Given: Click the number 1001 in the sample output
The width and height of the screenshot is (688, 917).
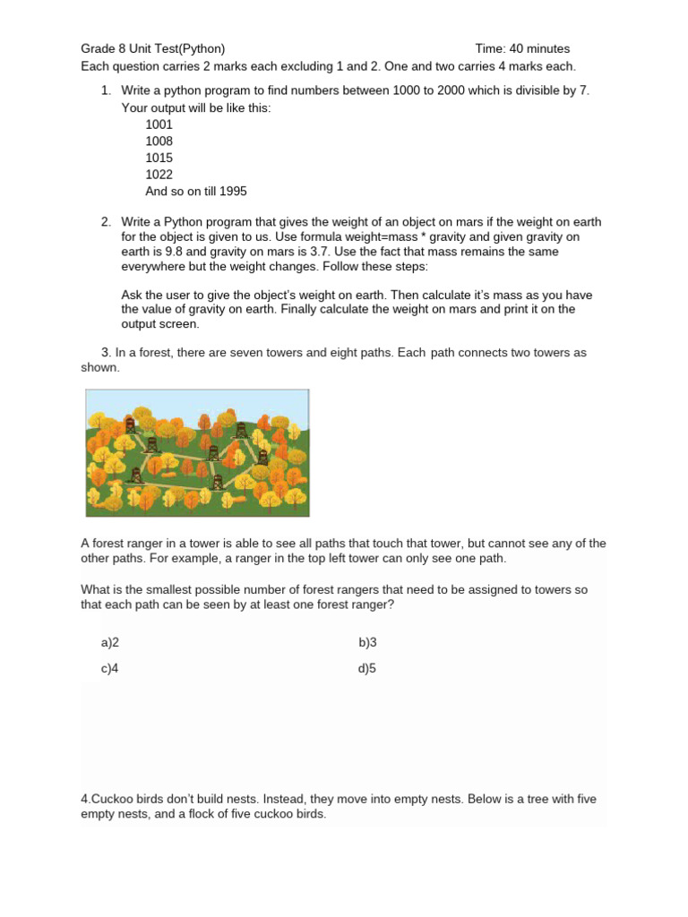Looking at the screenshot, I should (x=159, y=124).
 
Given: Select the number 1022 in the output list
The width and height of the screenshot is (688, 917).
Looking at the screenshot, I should (x=159, y=175).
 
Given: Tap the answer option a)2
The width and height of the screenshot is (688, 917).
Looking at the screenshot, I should (x=110, y=642).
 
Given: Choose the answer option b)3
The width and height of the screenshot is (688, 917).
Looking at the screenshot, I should (x=367, y=642).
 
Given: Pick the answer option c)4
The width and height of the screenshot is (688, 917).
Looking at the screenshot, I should (x=110, y=668).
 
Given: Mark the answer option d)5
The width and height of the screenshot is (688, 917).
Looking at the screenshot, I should (x=367, y=668).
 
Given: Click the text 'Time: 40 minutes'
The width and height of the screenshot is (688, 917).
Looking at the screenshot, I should (x=522, y=48).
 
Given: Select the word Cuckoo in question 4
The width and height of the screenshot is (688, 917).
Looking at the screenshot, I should (x=111, y=799).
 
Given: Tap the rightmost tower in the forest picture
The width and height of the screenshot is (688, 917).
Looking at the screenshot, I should (x=262, y=457).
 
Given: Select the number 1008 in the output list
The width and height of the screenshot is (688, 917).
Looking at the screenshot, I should (x=159, y=141).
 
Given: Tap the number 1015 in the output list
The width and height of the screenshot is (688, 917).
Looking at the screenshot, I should (x=159, y=158).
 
